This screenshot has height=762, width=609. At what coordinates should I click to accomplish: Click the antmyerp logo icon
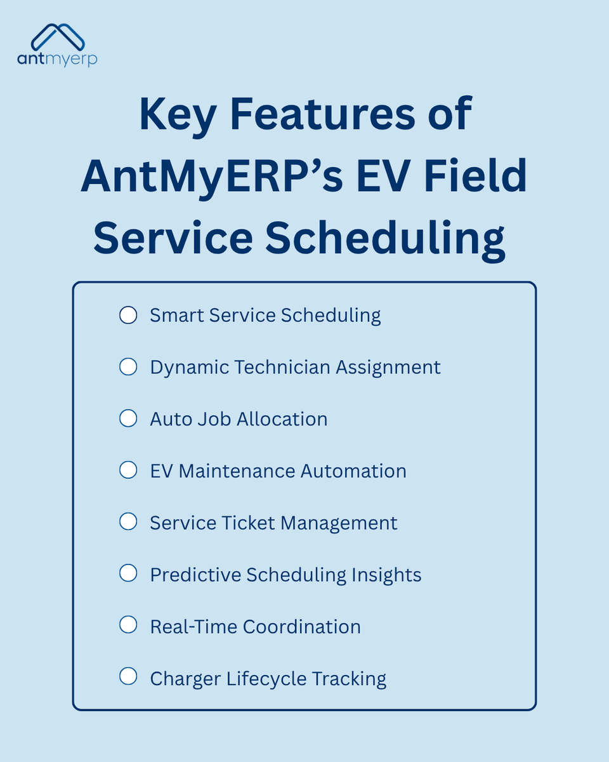tap(58, 37)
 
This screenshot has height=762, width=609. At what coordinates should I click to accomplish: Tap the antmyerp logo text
tap(58, 59)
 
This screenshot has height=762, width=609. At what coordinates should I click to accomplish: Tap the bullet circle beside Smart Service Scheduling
tap(128, 315)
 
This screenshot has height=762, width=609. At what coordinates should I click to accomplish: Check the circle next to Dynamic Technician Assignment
tap(128, 366)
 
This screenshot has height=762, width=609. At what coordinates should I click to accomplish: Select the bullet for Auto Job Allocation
tap(128, 418)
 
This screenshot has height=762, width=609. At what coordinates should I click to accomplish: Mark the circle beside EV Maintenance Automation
tap(128, 471)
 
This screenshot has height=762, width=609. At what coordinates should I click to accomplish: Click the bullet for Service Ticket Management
tap(128, 523)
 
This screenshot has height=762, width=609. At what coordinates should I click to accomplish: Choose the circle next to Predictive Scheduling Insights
tap(128, 574)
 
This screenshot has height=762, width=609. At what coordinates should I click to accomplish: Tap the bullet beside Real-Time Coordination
tap(128, 626)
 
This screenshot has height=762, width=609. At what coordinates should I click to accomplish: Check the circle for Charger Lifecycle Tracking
tap(128, 678)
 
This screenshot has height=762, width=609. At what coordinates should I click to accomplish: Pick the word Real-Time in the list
tap(193, 627)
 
